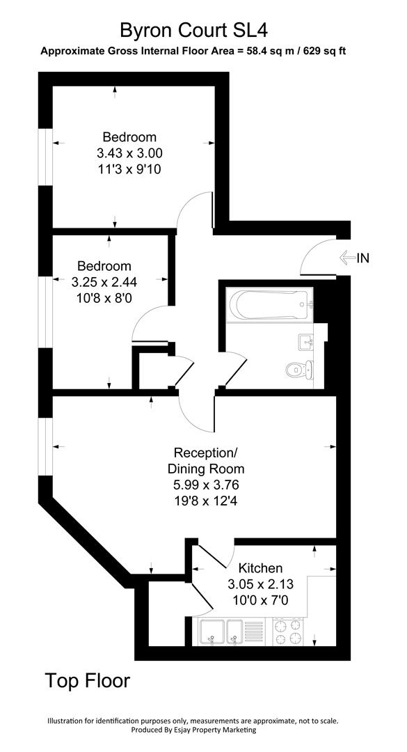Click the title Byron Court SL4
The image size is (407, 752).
coord(193,30)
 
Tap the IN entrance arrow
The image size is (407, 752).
coord(346,258)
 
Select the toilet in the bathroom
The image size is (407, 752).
coord(298,368)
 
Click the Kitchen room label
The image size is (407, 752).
coord(260,568)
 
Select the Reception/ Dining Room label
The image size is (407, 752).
coord(209,460)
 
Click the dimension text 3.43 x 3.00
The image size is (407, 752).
coord(130,152)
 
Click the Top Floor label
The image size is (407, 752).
coord(88,680)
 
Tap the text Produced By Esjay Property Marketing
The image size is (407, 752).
coord(193,730)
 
